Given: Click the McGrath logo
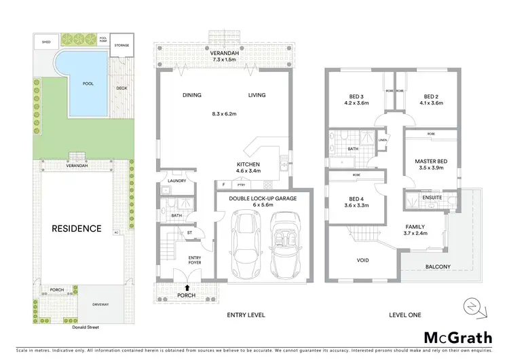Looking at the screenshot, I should tap(457, 338).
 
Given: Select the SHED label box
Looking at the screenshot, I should tap(46, 41).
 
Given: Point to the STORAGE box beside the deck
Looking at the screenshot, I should tap(121, 45).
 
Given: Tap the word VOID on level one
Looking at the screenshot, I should tap(364, 260).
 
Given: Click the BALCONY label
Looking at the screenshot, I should tap(437, 267).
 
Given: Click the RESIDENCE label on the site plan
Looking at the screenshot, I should tap(77, 228).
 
